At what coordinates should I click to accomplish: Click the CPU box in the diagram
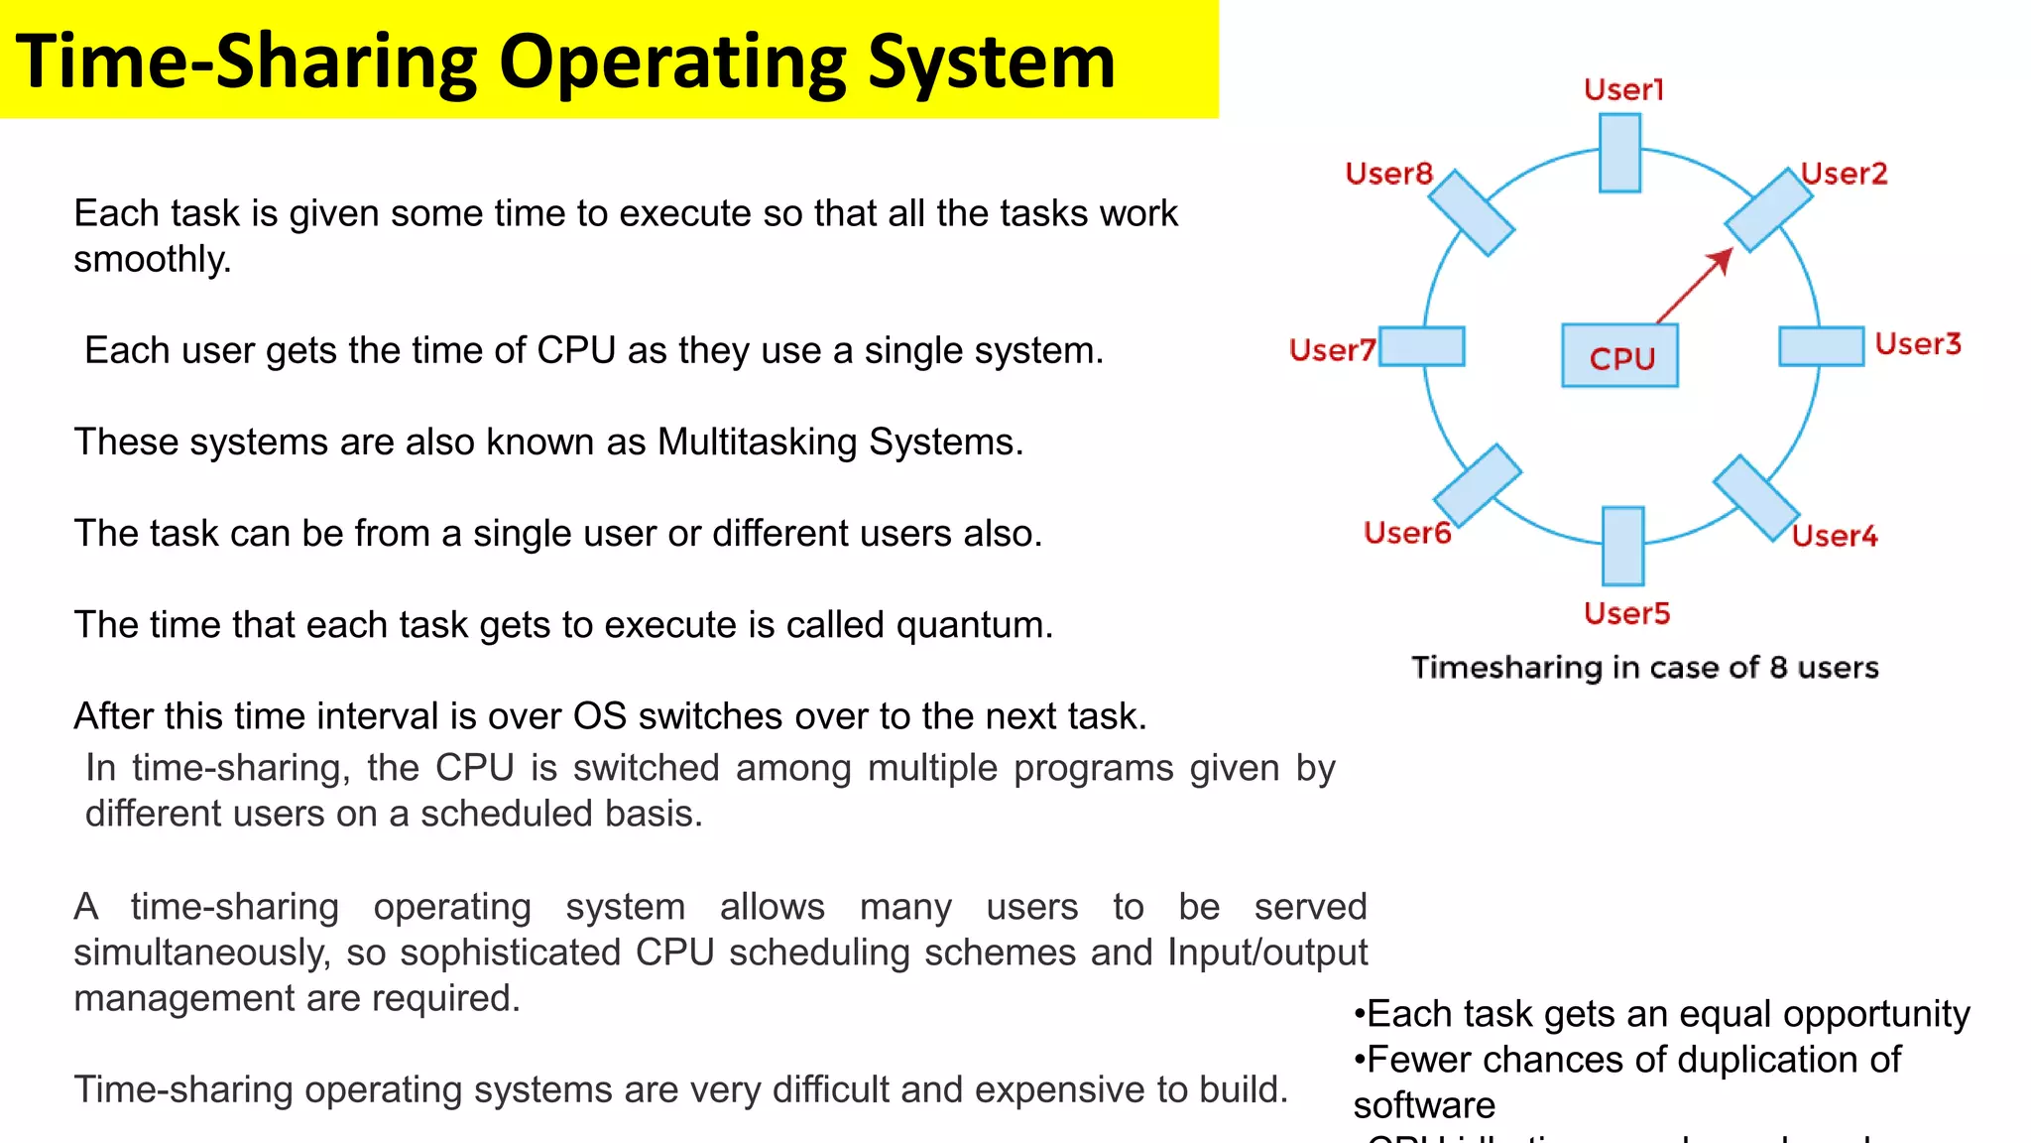(x=1619, y=355)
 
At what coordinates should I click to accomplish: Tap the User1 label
(x=1623, y=90)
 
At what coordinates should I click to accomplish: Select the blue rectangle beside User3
(x=1821, y=346)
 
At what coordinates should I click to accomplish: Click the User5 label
(x=1626, y=613)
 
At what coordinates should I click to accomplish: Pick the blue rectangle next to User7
(x=1422, y=346)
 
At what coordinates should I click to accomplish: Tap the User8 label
(x=1388, y=174)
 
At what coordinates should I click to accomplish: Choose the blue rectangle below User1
(x=1619, y=153)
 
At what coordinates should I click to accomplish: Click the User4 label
(x=1835, y=536)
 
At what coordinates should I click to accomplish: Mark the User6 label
(x=1407, y=533)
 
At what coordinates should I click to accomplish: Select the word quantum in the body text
(x=973, y=625)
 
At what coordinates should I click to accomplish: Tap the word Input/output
(x=1266, y=952)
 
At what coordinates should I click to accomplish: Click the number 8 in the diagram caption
(x=1778, y=668)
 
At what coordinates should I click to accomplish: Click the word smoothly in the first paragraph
(x=151, y=259)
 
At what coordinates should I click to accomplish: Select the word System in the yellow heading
(x=991, y=62)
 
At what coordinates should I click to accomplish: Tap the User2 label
(x=1844, y=174)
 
